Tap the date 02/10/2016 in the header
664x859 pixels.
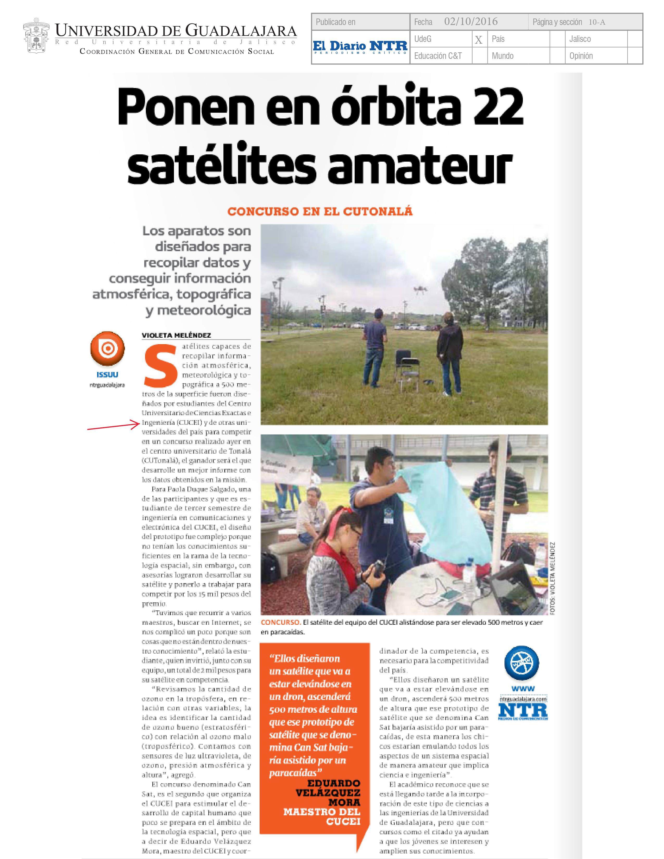pos(471,22)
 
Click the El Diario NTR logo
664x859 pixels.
pos(360,47)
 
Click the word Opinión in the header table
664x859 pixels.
pos(581,56)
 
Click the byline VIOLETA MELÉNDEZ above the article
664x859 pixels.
pos(176,335)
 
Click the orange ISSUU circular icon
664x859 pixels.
pos(107,349)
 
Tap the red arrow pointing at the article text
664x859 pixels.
pos(113,426)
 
